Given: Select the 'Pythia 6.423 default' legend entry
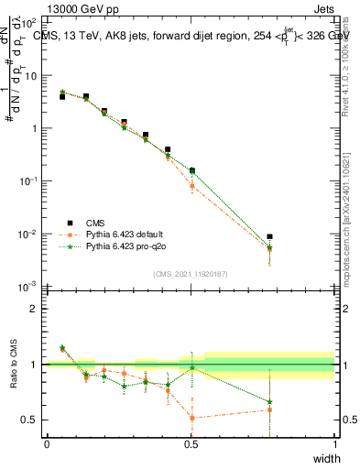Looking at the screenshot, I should tap(125, 234).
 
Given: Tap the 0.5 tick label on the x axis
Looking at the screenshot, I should tap(191, 444).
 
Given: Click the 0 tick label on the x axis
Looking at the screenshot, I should tap(47, 444).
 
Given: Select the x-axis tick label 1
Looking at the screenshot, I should tap(334, 444).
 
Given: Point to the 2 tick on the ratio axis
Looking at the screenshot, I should tap(33, 309).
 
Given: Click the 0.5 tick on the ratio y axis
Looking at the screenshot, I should tap(29, 420).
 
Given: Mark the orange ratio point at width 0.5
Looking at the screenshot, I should tap(191, 418).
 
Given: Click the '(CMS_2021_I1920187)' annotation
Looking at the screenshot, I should tap(191, 274).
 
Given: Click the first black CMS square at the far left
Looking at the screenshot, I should tap(61, 96).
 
